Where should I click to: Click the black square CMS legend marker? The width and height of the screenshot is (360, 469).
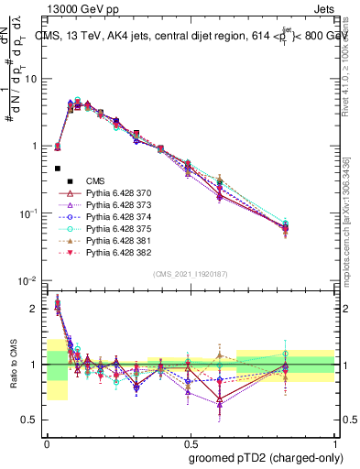[58, 169]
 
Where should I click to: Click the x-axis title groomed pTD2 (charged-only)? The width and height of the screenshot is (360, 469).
[265, 457]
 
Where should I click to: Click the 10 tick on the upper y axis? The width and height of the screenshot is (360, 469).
[31, 79]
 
